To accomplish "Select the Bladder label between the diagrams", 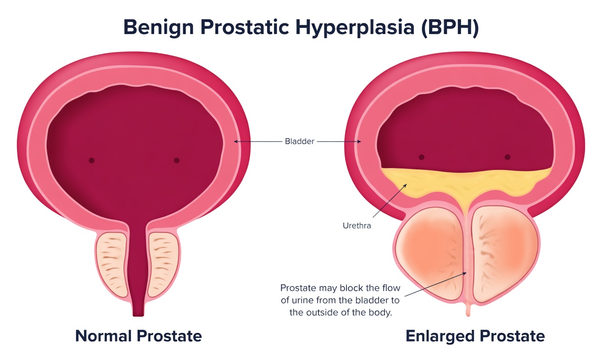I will pos(299,141).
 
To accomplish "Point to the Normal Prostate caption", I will pos(138,336).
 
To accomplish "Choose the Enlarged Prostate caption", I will pos(475,336).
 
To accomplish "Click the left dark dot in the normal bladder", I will pos(92,160).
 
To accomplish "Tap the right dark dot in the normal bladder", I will pos(177,160).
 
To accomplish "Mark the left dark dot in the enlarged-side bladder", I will pos(422,157).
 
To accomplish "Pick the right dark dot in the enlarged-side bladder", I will pos(507,157).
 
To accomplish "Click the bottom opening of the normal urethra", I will pos(138,314).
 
